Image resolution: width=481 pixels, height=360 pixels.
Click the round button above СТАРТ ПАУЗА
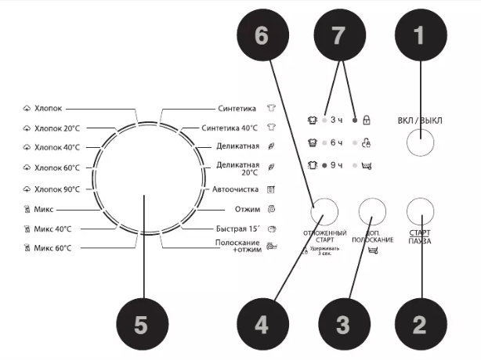point(421,209)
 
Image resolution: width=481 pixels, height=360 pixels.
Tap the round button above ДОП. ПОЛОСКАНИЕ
point(374,210)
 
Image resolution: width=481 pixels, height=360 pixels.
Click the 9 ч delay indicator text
point(338,166)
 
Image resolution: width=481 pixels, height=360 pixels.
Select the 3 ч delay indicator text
point(338,120)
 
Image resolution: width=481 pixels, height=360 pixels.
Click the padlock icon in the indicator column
point(367,120)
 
